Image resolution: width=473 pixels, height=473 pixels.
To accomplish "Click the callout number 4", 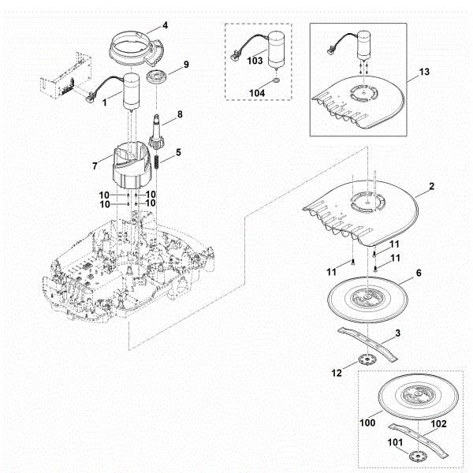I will [166, 25].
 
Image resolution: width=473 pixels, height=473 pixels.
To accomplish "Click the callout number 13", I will [425, 72].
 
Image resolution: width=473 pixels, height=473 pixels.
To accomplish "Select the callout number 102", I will [438, 423].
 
